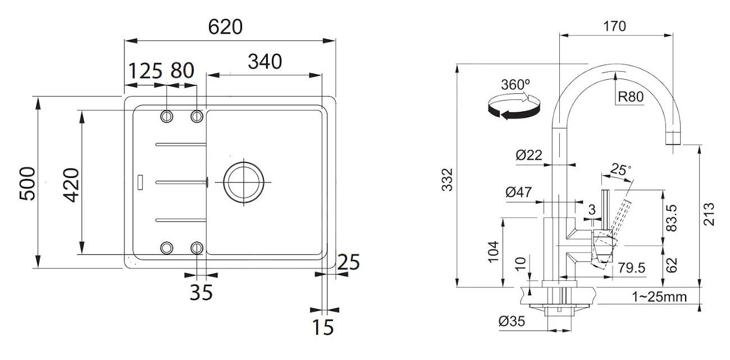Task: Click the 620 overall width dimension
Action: point(225,27)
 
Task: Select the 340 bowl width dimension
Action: point(264,62)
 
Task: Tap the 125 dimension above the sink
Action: point(145,71)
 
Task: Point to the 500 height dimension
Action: point(28,183)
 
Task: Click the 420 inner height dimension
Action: point(70,183)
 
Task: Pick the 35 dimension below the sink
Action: point(200,292)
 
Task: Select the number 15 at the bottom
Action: point(323,326)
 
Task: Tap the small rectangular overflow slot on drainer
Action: point(140,181)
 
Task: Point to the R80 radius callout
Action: point(630,97)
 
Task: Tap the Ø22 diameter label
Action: point(529,156)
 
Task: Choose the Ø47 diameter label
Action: point(518,193)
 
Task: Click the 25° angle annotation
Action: point(620,168)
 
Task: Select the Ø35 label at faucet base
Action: point(511,322)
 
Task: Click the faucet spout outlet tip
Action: point(673,138)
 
